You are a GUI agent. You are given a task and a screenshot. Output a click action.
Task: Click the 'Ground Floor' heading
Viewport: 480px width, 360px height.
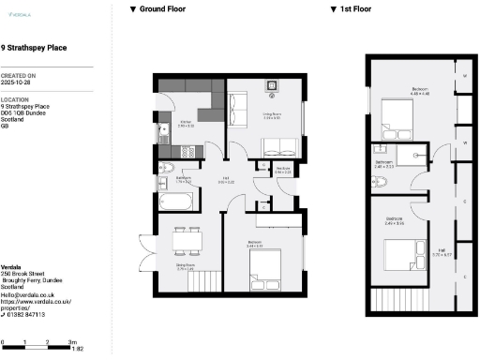[x=160, y=8]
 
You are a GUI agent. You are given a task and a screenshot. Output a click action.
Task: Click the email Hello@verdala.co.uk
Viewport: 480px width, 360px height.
[x=28, y=294]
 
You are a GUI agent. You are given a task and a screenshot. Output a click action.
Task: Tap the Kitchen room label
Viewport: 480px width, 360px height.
[x=186, y=122]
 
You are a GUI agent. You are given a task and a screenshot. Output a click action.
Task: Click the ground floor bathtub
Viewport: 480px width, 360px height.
[x=176, y=202]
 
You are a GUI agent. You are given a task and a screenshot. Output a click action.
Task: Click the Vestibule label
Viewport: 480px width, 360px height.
[x=282, y=171]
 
